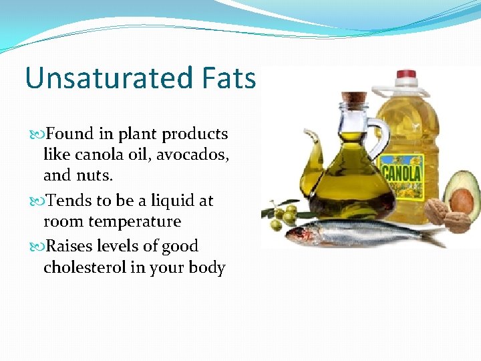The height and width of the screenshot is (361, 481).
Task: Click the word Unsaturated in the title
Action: (x=98, y=78)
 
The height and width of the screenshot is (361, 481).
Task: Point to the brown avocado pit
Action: (x=461, y=200)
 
